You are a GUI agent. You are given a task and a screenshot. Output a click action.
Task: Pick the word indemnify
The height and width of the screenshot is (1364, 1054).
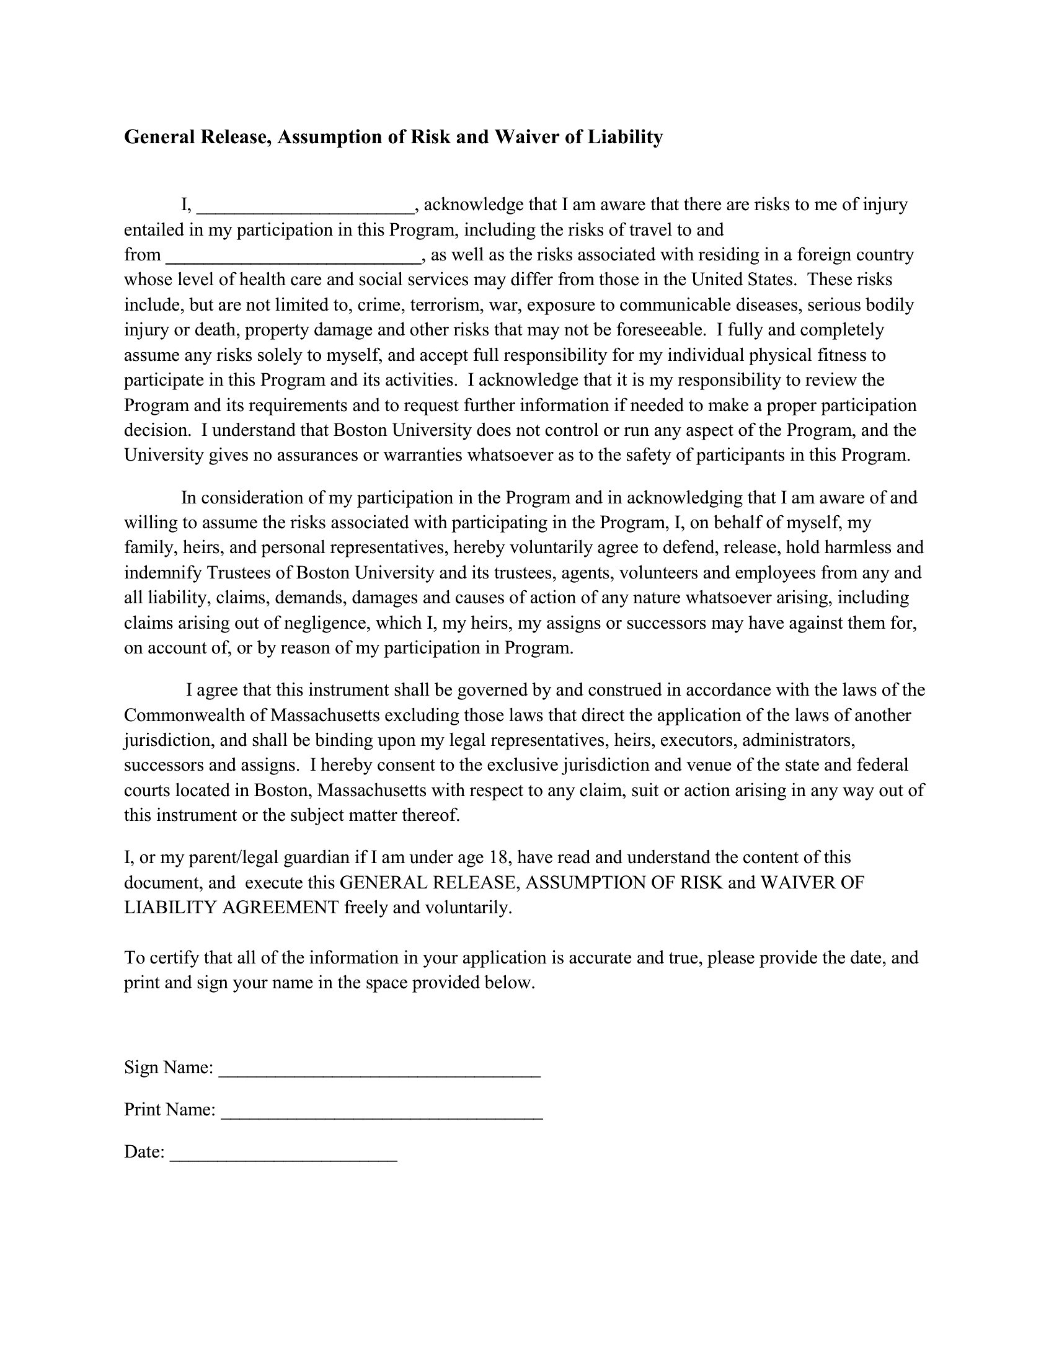163,573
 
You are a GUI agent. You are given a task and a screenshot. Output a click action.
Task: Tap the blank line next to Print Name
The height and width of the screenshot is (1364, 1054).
382,1112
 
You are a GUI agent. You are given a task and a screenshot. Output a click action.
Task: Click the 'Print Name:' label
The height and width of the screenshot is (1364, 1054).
170,1110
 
